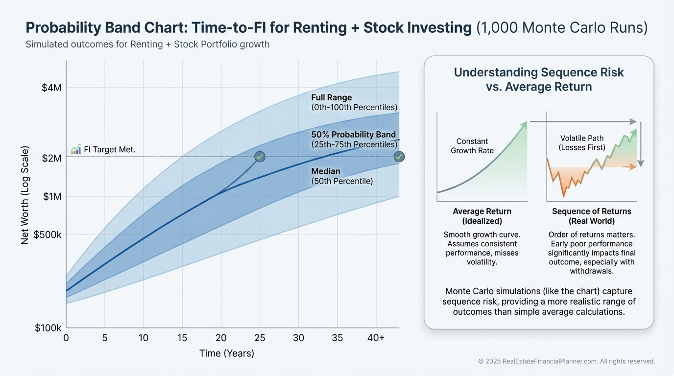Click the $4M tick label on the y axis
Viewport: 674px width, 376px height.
[x=51, y=88]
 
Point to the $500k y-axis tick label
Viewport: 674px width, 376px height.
[x=48, y=235]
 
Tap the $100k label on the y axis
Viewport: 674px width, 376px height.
[x=48, y=328]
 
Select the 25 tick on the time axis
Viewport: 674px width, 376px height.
[x=260, y=337]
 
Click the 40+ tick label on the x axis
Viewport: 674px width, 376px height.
[x=376, y=337]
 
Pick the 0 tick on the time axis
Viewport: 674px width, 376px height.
[x=66, y=337]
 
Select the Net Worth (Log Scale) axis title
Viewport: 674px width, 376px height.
[x=25, y=195]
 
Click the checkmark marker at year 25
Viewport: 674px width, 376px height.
[x=260, y=157]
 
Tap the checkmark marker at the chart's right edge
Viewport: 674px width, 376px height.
[x=399, y=157]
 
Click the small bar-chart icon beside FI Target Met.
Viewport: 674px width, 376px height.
[x=76, y=149]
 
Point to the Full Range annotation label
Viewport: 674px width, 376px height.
[x=332, y=97]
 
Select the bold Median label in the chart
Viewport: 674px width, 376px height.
[x=326, y=171]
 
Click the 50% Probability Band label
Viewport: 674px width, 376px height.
[x=354, y=135]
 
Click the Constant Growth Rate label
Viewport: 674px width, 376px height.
[x=472, y=146]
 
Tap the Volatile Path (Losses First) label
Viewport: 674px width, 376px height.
[x=582, y=142]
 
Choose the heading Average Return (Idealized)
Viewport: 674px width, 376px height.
[x=482, y=216]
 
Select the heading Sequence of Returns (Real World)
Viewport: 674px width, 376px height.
[x=592, y=216]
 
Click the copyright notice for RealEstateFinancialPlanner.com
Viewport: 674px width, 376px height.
[x=567, y=361]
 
